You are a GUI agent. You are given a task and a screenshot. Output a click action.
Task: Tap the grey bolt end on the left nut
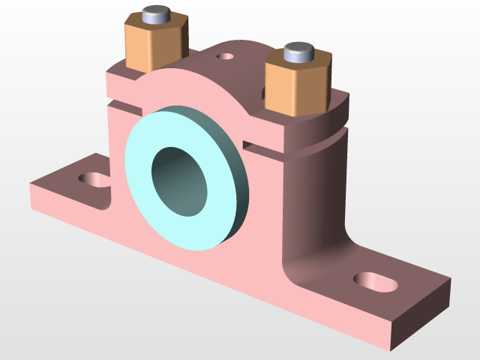(x=156, y=14)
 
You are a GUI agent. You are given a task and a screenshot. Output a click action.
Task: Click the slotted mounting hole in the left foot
(x=94, y=180)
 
